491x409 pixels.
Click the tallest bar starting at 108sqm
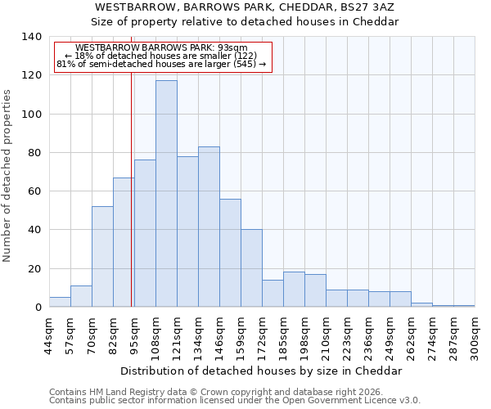coord(166,194)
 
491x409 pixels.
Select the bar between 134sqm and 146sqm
coord(209,227)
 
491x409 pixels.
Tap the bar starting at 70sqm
coord(102,257)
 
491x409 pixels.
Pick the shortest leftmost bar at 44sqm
coord(60,302)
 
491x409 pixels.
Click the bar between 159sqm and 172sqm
coord(251,268)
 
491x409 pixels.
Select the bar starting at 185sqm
coord(294,290)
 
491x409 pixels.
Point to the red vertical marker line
coord(132,188)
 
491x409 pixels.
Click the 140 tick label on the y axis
coord(31,37)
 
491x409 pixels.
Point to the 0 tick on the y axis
coord(38,308)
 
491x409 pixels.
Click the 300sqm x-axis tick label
coord(475,335)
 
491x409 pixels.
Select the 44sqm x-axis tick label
coord(50,335)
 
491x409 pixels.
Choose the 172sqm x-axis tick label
coord(263,335)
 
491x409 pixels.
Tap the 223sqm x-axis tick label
coord(348,335)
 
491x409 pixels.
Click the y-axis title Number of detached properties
coord(8,176)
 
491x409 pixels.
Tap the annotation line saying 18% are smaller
coord(160,56)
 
